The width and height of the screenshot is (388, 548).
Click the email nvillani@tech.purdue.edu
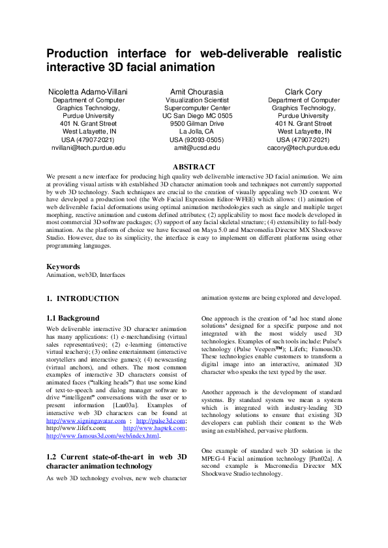(x=88, y=148)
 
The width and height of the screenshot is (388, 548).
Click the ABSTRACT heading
(x=194, y=167)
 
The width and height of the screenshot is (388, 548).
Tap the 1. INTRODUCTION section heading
(x=83, y=298)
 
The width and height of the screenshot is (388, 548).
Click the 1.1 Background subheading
(x=72, y=318)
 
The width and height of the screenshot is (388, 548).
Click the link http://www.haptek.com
(x=155, y=411)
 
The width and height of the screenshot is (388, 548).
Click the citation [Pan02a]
(x=323, y=459)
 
